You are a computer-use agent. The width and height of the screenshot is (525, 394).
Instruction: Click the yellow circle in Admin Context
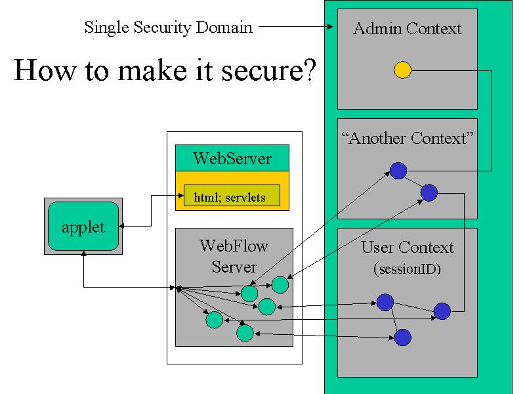click(x=402, y=70)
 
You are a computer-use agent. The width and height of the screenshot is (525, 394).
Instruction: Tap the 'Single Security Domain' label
click(x=169, y=27)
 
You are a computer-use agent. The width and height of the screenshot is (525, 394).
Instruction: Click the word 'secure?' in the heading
click(x=268, y=70)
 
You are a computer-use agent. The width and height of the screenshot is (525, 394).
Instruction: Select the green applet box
click(x=83, y=226)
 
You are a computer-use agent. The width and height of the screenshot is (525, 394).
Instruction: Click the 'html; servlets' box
click(x=232, y=195)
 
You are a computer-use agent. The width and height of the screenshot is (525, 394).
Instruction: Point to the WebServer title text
click(x=232, y=158)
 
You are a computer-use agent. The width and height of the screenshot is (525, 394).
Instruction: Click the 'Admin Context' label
click(x=407, y=28)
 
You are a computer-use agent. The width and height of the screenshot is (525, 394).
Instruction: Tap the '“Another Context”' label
click(x=407, y=138)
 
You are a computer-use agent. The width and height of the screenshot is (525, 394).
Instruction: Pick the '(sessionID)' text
click(x=407, y=269)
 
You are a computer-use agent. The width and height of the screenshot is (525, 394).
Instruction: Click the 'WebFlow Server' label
click(x=234, y=256)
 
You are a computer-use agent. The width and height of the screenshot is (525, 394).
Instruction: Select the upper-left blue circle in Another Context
click(x=398, y=171)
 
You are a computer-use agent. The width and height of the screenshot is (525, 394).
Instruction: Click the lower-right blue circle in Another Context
click(x=429, y=192)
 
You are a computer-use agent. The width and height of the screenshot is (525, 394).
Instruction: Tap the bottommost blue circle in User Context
click(x=403, y=338)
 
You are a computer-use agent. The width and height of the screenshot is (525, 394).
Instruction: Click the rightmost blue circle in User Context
click(x=442, y=311)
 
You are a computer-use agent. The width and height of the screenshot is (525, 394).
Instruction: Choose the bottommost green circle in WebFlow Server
click(x=245, y=333)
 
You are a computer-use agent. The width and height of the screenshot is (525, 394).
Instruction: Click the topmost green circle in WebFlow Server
click(x=280, y=285)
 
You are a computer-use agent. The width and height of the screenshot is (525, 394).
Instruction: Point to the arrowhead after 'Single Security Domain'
click(x=331, y=26)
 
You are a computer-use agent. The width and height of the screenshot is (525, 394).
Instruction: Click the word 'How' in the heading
click(x=45, y=70)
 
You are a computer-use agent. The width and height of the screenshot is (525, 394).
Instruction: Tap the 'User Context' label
click(x=407, y=248)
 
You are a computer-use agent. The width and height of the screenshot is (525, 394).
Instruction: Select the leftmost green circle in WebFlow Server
click(x=215, y=320)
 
